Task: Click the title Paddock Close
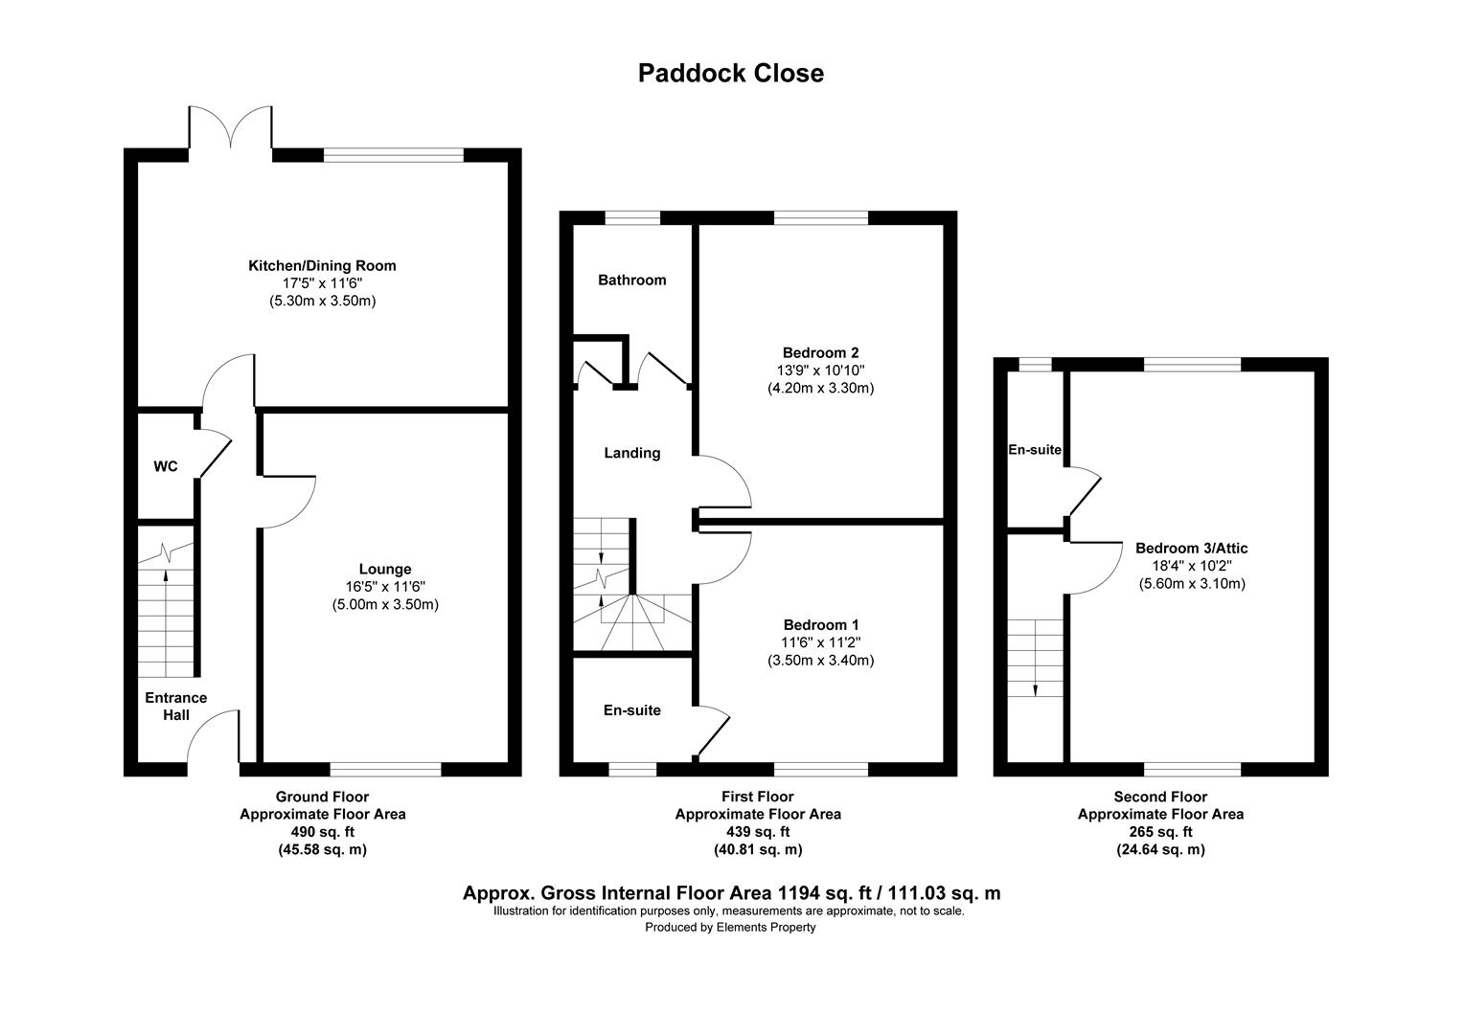[730, 74]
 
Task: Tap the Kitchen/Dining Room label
[322, 265]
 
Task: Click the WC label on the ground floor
[166, 467]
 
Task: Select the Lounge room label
[384, 569]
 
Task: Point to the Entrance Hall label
[175, 707]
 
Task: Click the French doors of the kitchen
[230, 129]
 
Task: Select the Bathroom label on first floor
[631, 281]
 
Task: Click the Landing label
[631, 453]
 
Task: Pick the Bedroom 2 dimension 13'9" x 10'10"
[820, 370]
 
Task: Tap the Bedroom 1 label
[820, 625]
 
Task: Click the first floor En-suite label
[631, 710]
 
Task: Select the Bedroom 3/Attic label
[1191, 549]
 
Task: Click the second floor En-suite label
[1035, 450]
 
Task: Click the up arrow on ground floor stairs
[166, 576]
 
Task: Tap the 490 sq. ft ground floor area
[322, 832]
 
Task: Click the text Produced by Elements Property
[730, 927]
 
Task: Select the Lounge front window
[385, 768]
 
